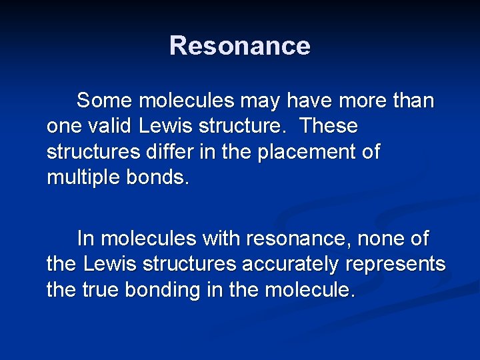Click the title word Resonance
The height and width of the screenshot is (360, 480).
point(239,46)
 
